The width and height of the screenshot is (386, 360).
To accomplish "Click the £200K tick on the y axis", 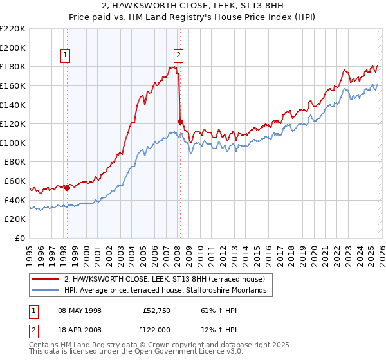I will [x=13, y=48].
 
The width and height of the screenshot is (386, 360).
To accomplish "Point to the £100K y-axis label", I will [x=13, y=143].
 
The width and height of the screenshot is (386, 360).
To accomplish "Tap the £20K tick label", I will [x=15, y=219].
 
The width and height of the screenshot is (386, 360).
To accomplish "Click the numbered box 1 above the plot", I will [x=66, y=56].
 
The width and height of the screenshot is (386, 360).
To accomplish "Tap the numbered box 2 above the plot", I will [x=178, y=56].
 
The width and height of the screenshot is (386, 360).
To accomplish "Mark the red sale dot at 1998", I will [x=67, y=188].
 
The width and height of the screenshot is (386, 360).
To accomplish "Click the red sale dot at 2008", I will [x=180, y=122].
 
